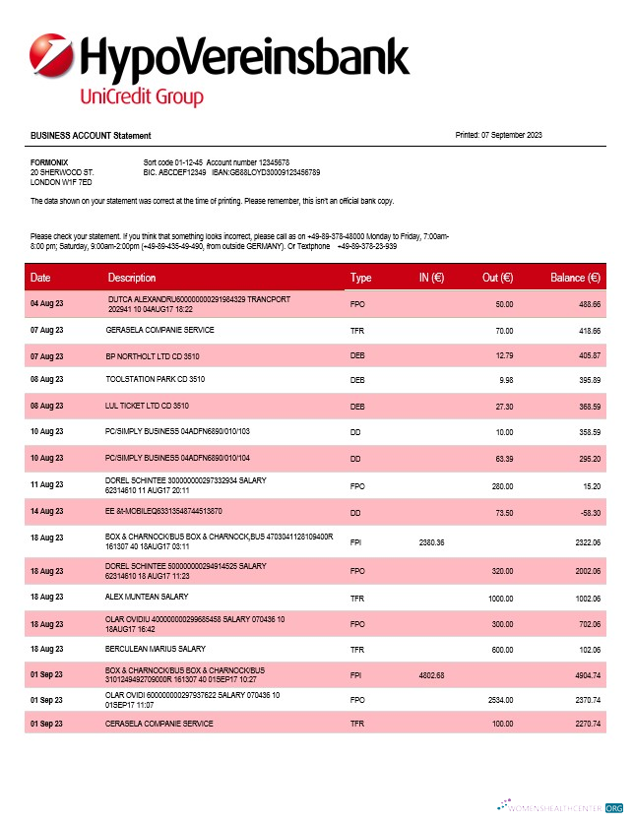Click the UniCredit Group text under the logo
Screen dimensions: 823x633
(141, 97)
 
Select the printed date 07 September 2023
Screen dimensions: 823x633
(513, 135)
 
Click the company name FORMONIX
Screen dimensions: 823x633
(49, 160)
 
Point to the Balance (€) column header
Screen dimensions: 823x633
(575, 278)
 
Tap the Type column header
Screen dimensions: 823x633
(360, 278)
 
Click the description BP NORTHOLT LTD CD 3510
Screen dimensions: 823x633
(155, 354)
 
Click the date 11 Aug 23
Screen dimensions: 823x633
(46, 484)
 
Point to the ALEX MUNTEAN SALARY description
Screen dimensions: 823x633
(143, 597)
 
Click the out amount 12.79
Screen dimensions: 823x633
(505, 354)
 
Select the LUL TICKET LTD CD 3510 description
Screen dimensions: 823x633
(147, 405)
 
